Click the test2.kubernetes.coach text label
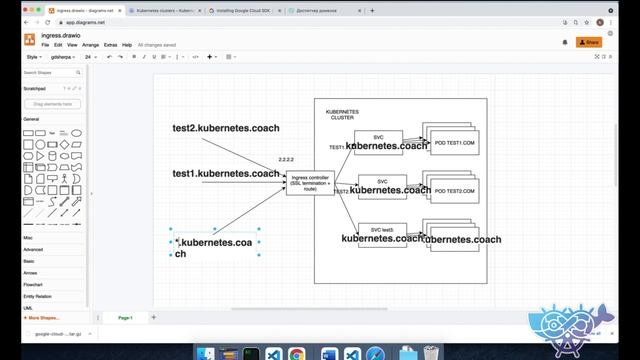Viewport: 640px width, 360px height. pos(226,128)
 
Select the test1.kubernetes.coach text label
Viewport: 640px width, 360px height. pos(226,173)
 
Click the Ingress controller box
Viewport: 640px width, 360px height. pos(310,181)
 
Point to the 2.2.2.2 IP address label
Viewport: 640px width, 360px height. pos(286,160)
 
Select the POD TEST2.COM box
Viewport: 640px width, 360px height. pos(455,190)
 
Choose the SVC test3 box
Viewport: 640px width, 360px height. pos(382,229)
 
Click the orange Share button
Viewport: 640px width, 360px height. pos(589,42)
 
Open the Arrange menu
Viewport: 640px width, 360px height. pos(90,45)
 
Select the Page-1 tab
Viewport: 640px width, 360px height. pos(126,317)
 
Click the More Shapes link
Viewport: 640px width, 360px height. pos(44,317)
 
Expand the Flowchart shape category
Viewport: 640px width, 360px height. pos(33,284)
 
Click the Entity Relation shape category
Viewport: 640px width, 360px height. pos(38,296)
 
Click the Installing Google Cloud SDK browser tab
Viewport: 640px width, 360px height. pos(246,8)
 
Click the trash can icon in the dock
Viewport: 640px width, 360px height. pos(429,353)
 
